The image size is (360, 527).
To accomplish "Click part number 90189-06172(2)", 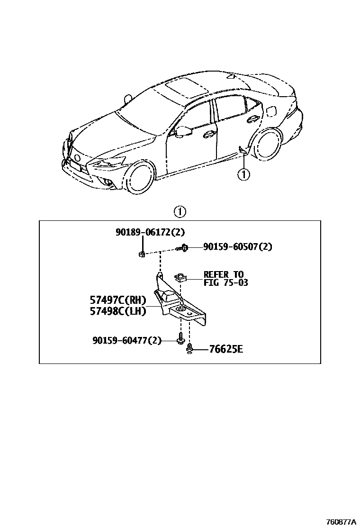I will click(x=150, y=232).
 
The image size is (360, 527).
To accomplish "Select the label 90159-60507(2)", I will click(x=238, y=247).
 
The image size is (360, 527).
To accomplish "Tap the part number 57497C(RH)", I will click(x=118, y=300).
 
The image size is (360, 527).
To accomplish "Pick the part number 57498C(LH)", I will click(x=118, y=311).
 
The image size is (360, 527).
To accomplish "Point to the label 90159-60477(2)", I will click(x=126, y=340).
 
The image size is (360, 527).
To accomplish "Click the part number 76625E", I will click(x=225, y=350).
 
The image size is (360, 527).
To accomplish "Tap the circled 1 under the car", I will click(x=243, y=175).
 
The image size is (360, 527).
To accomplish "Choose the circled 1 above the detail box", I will click(x=180, y=212).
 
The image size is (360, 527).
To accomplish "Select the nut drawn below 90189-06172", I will click(x=141, y=254).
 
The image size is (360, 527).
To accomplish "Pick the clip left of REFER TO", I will click(x=180, y=277).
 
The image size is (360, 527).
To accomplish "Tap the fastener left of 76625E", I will click(x=189, y=350).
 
